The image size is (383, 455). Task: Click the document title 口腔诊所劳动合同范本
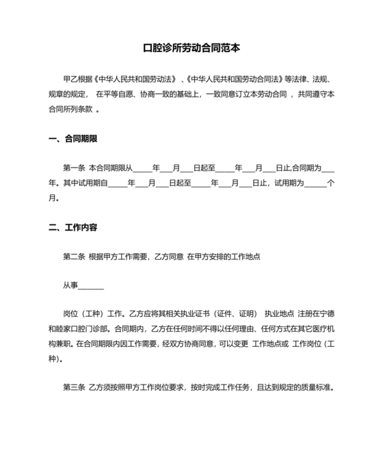191,49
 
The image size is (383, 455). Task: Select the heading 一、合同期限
73,139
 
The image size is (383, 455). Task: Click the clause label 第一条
73,168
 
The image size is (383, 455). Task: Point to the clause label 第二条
73,257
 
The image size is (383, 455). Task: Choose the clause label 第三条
73,388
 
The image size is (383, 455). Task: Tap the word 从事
71,287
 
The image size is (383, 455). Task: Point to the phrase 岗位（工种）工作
94,315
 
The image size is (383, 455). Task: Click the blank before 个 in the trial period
315,183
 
